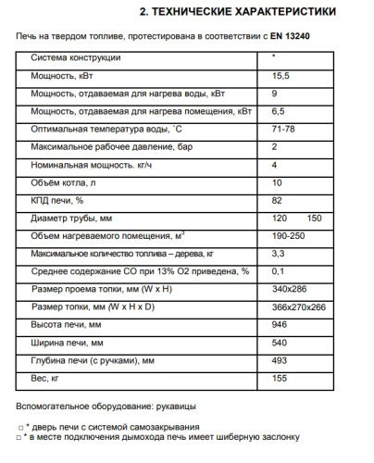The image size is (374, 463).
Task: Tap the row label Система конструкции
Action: (75, 58)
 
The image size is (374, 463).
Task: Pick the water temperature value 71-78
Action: (284, 129)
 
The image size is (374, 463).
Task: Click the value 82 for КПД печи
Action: (278, 200)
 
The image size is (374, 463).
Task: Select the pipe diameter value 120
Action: (280, 218)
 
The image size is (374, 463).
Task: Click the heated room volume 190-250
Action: (289, 235)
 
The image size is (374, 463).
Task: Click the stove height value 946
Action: (280, 324)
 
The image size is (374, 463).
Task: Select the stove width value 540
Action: (280, 342)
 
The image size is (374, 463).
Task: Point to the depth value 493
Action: (280, 359)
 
